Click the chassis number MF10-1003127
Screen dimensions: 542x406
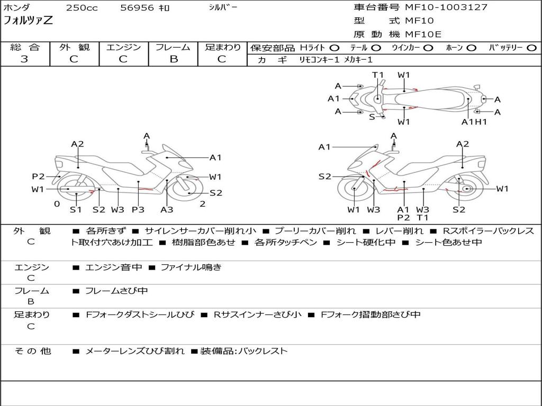pos(446,7)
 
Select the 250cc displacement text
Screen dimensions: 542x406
pos(82,8)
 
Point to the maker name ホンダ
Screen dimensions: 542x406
pos(17,7)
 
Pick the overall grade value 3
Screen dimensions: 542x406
pos(24,59)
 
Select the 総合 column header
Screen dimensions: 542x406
pos(24,47)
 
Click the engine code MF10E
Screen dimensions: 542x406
pos(423,34)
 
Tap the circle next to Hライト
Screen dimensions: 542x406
pos(334,48)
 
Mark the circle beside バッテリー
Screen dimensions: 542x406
pos(531,48)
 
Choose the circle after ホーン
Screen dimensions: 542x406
pos(471,48)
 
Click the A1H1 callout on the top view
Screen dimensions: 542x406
pos(474,122)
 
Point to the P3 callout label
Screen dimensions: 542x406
pos(138,209)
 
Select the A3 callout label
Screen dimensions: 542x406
pos(167,209)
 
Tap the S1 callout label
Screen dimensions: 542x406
pos(76,209)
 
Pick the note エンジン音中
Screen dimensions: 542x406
pos(114,267)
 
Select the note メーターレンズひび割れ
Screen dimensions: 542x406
pos(135,350)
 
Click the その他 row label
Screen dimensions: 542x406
pos(32,350)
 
